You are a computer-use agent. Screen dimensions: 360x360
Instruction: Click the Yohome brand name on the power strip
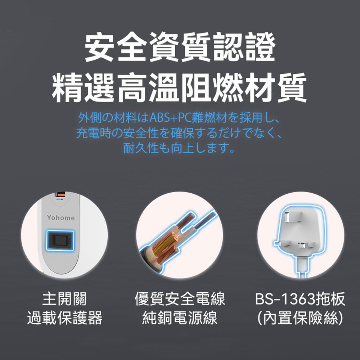pyautogui.click(x=61, y=218)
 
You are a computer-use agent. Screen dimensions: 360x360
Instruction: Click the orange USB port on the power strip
pyautogui.click(x=60, y=195)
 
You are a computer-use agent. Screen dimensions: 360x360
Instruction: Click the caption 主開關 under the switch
pyautogui.click(x=64, y=299)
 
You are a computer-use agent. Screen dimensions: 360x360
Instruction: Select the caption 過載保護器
pyautogui.click(x=64, y=318)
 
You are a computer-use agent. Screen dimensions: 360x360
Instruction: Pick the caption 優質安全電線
pyautogui.click(x=180, y=299)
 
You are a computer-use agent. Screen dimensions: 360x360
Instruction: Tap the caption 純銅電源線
pyautogui.click(x=180, y=318)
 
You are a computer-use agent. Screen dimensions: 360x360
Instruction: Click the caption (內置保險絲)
pyautogui.click(x=300, y=318)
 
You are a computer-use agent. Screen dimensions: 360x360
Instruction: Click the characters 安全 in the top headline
pyautogui.click(x=116, y=47)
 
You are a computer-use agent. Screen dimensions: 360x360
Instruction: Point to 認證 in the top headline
pyautogui.click(x=244, y=47)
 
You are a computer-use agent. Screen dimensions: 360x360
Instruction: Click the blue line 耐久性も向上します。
pyautogui.click(x=179, y=148)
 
